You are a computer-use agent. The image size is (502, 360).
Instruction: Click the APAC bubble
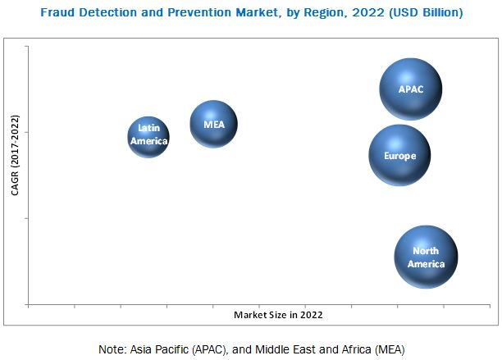coord(411,89)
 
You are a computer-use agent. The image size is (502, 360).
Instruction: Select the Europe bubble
coord(399,155)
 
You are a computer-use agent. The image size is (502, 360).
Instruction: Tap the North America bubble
coord(426,257)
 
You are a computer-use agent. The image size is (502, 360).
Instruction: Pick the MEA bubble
coord(213,124)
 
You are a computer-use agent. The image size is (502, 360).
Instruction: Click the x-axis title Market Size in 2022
coord(277,314)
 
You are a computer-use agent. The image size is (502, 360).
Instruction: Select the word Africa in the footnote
coord(352,348)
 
